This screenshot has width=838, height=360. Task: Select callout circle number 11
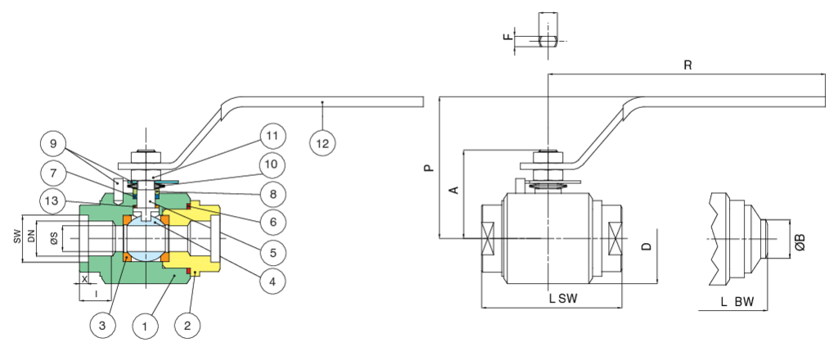[x=273, y=135]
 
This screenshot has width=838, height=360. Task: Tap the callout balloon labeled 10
[x=273, y=164]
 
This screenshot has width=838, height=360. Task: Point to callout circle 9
[x=54, y=145]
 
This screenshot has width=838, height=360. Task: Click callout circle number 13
[x=54, y=200]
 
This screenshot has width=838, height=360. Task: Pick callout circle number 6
[x=273, y=222]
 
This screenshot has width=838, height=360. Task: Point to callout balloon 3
[x=102, y=325]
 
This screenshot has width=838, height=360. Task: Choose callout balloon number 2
[x=188, y=325]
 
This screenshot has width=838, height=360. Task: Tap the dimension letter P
[x=428, y=169]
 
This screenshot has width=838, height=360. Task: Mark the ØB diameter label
[x=800, y=242]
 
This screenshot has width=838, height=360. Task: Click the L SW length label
[x=563, y=299]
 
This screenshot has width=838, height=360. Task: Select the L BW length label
[x=737, y=302]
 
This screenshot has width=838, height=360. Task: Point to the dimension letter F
[x=508, y=38]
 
